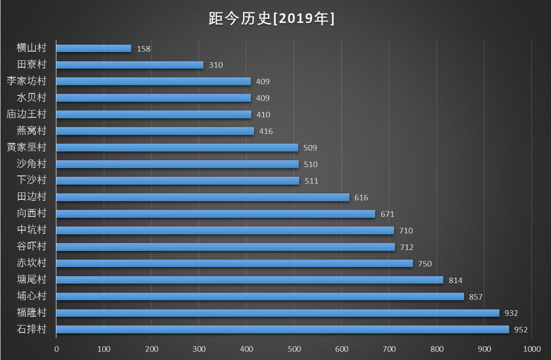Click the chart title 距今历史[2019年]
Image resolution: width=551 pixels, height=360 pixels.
(x=272, y=19)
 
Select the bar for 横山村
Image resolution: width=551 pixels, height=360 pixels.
(x=94, y=48)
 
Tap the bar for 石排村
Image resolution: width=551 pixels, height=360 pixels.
(x=283, y=330)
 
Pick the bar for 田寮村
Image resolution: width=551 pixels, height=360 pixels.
(x=130, y=65)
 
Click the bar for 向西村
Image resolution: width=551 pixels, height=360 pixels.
(x=215, y=214)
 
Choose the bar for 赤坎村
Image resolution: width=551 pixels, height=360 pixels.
(x=234, y=263)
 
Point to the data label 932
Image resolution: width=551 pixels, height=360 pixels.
(x=511, y=314)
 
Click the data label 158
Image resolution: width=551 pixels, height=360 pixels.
(x=144, y=49)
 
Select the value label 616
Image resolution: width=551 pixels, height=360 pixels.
(x=361, y=197)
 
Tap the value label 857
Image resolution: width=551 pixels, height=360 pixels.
(x=476, y=297)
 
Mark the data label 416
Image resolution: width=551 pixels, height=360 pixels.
(x=266, y=131)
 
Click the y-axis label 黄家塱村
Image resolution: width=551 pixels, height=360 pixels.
(x=27, y=147)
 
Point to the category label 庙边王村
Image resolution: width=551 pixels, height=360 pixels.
(x=27, y=114)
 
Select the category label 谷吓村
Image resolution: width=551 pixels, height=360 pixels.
(x=32, y=246)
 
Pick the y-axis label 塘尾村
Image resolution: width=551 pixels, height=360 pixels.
(x=32, y=279)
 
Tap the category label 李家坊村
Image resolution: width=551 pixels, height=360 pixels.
(x=27, y=81)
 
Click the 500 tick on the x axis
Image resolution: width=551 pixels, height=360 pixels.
(x=294, y=349)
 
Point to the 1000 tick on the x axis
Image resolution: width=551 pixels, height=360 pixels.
(x=532, y=349)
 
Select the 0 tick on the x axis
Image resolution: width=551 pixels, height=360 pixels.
(x=57, y=349)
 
